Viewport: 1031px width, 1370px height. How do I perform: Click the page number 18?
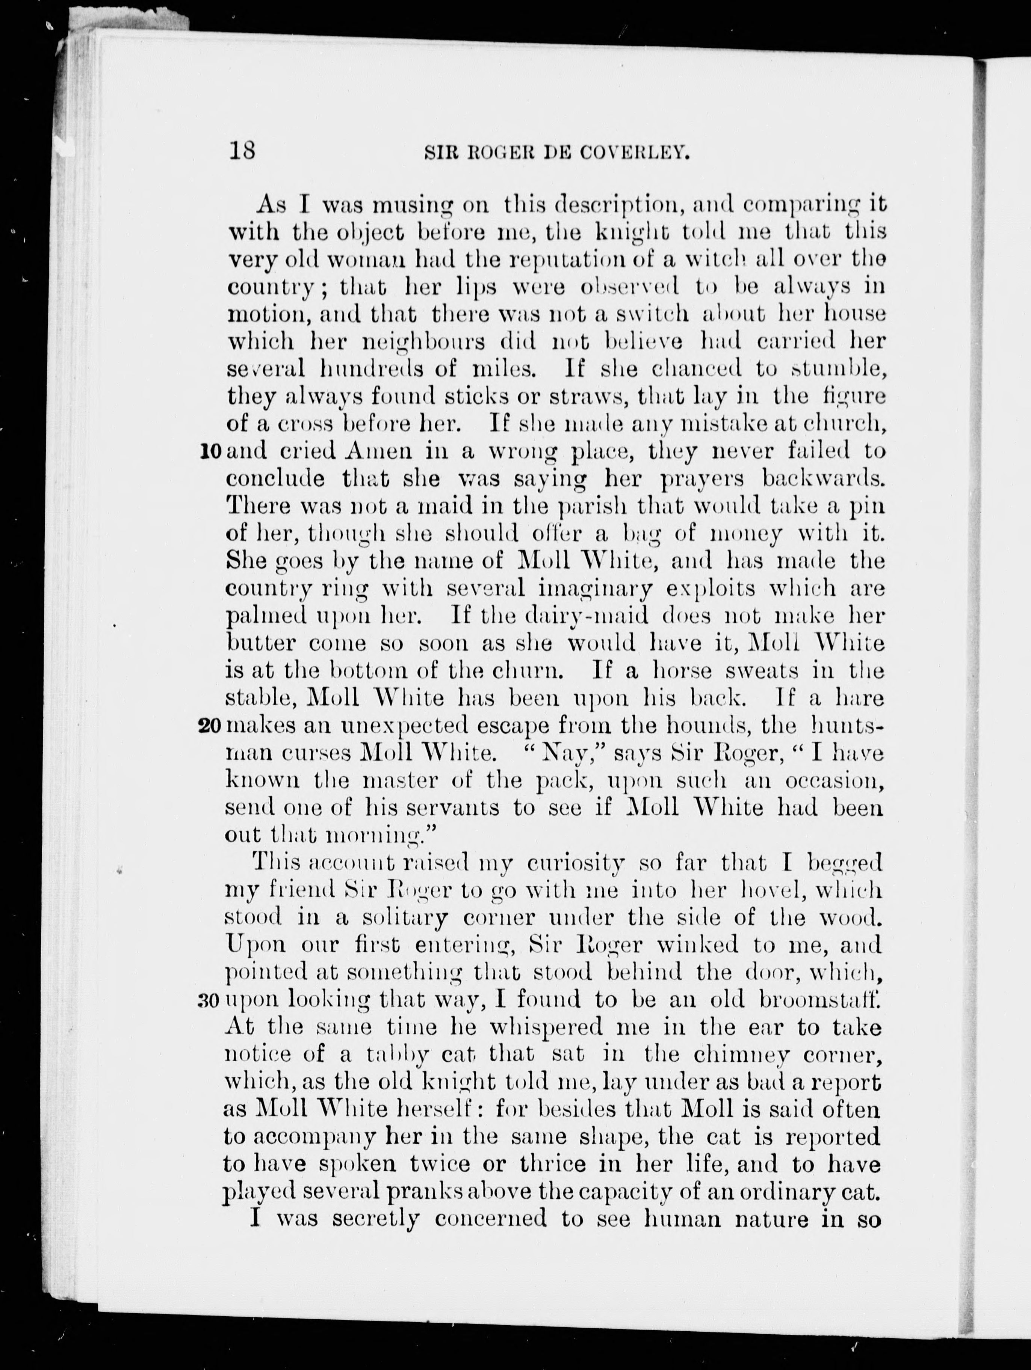(x=242, y=151)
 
